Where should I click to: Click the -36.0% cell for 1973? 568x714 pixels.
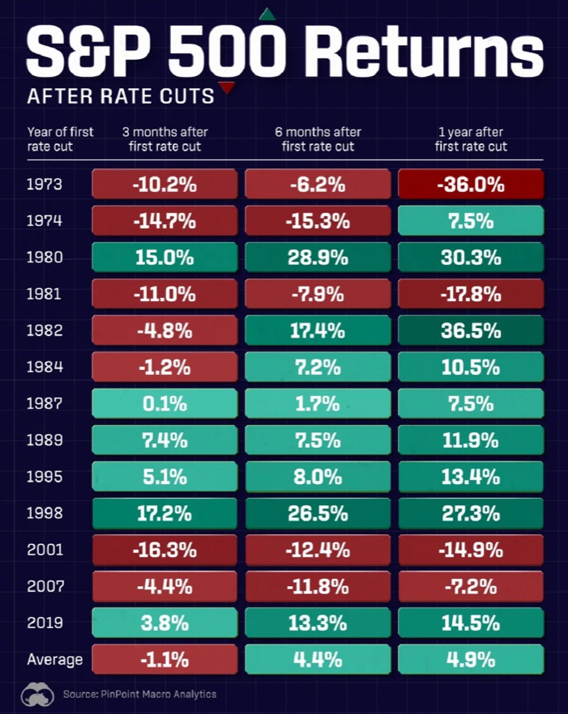tap(471, 185)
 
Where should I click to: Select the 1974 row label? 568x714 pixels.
tap(44, 221)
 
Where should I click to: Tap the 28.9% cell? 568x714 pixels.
tap(318, 257)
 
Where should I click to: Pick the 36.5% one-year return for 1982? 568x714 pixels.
tap(471, 331)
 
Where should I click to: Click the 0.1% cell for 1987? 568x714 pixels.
tap(164, 404)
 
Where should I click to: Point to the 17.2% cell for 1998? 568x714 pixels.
tap(164, 513)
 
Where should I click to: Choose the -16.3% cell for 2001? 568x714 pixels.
tap(164, 550)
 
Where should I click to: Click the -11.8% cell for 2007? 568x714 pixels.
tap(318, 586)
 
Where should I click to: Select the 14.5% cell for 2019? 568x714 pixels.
tap(471, 623)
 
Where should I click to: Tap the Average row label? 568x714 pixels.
tap(55, 659)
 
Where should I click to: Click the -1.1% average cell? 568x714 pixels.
tap(164, 660)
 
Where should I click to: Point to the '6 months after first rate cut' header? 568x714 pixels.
tap(318, 139)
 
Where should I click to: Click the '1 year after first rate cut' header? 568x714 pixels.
tap(471, 139)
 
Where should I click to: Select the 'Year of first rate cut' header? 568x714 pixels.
tap(60, 139)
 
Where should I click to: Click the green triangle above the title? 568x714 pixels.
tap(267, 15)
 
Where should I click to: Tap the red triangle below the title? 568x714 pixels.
tap(228, 87)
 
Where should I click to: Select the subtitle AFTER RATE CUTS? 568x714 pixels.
tap(120, 96)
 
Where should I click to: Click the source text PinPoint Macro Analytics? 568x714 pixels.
tap(158, 695)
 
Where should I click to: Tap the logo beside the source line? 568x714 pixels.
tap(38, 695)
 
